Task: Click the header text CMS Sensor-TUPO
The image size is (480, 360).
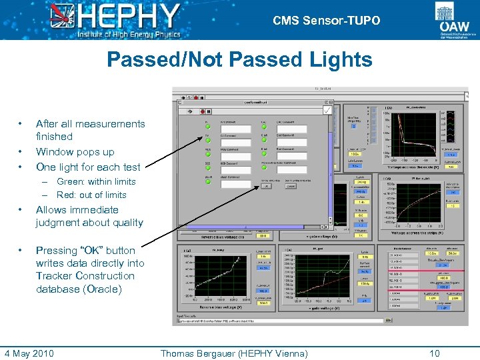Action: [x=326, y=21]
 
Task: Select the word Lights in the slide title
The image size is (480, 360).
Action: [x=341, y=60]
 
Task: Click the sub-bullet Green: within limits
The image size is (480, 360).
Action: [x=96, y=181]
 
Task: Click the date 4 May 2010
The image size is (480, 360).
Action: [x=29, y=353]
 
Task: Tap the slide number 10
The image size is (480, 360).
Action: [x=435, y=353]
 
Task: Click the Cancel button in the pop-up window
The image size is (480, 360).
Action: [x=291, y=187]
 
